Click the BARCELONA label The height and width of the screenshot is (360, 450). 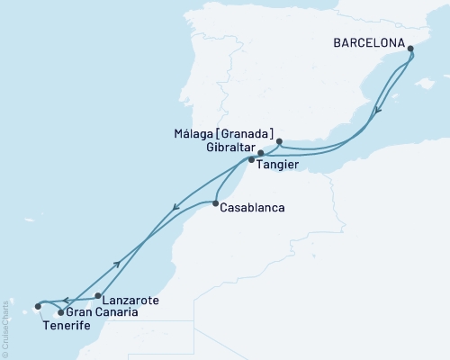[x=369, y=40]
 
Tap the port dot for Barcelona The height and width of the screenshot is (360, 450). [x=411, y=49]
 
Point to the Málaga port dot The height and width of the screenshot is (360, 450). [x=279, y=141]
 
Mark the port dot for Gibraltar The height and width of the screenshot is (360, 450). [x=261, y=153]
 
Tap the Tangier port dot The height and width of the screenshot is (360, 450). [x=252, y=160]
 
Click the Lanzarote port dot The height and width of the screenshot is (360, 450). [x=97, y=295]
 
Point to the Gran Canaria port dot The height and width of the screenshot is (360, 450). [x=60, y=312]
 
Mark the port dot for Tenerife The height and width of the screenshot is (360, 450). [x=38, y=306]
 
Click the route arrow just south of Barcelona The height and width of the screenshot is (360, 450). [x=379, y=111]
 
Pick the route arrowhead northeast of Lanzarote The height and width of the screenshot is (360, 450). [x=118, y=264]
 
